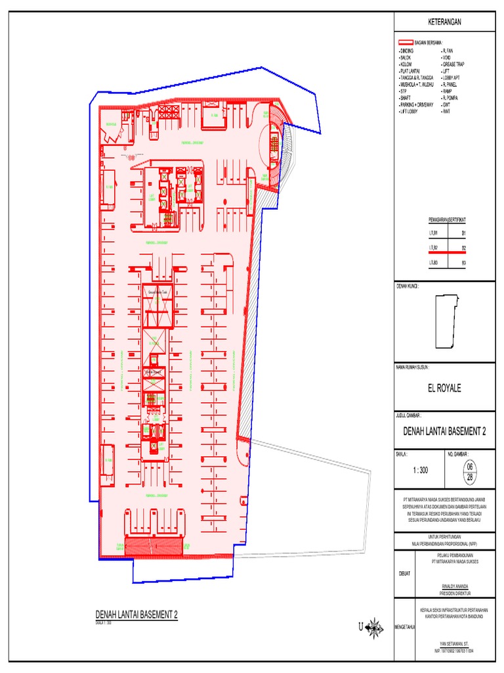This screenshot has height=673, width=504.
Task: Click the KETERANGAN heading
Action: pyautogui.click(x=445, y=22)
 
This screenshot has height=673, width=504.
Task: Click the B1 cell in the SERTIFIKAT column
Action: pyautogui.click(x=463, y=233)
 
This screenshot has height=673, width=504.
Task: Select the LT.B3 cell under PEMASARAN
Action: pyautogui.click(x=433, y=263)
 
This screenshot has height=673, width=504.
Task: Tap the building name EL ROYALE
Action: pyautogui.click(x=444, y=388)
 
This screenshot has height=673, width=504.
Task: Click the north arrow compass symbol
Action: pyautogui.click(x=375, y=628)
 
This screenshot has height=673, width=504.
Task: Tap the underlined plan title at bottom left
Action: pyautogui.click(x=136, y=615)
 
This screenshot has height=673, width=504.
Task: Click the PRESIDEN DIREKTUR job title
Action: pyautogui.click(x=449, y=590)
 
